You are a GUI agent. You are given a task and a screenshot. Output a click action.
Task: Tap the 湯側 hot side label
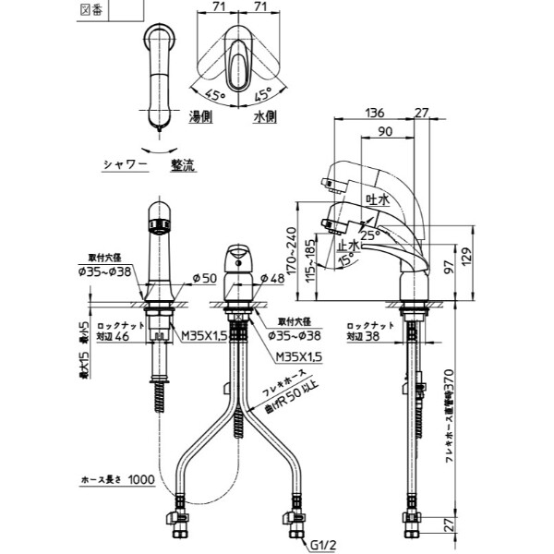click(x=202, y=117)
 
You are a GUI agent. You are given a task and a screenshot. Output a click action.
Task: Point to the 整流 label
click(x=182, y=165)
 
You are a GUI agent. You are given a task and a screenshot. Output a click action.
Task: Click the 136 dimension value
click(x=375, y=113)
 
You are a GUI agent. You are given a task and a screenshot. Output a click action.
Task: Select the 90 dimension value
click(x=384, y=132)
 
